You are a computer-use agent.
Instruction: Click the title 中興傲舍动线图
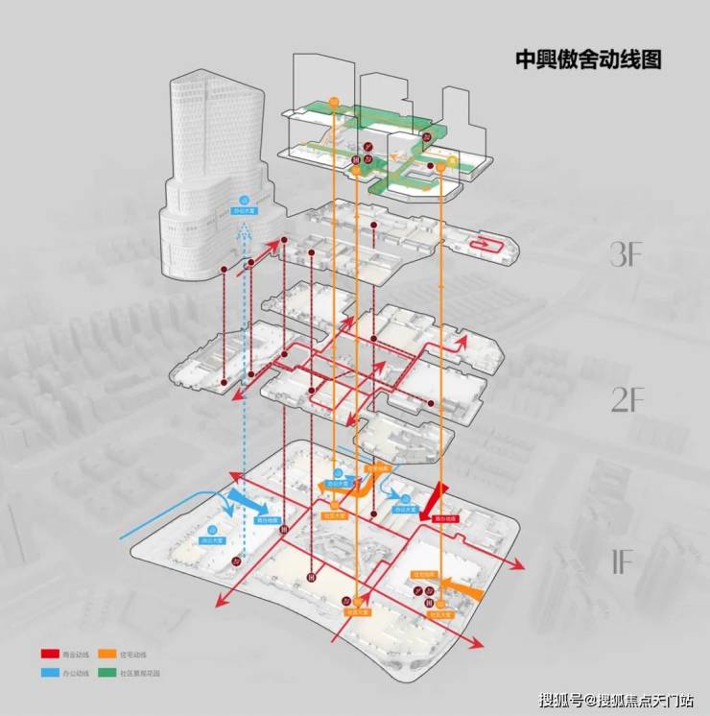[588, 60]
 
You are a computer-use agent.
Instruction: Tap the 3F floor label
[632, 255]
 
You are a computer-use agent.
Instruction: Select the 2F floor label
[631, 399]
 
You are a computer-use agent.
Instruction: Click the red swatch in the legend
[50, 654]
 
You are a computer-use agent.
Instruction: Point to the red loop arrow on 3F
[491, 246]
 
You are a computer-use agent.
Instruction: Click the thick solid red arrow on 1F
[434, 498]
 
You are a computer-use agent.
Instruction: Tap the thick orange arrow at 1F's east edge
[459, 586]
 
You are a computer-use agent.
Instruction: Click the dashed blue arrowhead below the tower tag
[246, 230]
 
